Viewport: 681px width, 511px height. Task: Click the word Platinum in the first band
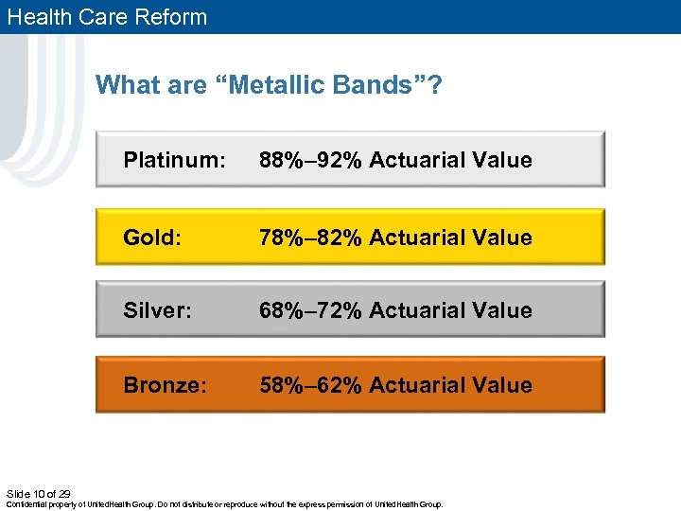click(174, 160)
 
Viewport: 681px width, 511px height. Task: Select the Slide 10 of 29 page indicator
click(39, 493)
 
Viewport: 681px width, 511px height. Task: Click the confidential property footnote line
click(225, 504)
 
